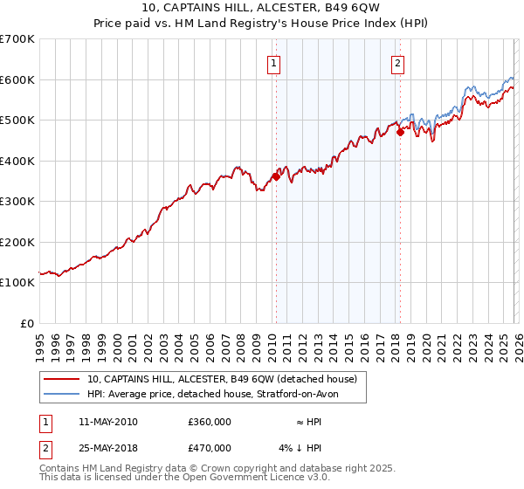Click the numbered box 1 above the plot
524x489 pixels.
pyautogui.click(x=274, y=63)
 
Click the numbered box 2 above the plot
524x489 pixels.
pyautogui.click(x=397, y=63)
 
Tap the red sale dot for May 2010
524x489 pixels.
pyautogui.click(x=276, y=176)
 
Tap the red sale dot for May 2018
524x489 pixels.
pyautogui.click(x=400, y=132)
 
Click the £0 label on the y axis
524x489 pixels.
pyautogui.click(x=26, y=323)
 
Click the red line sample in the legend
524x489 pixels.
pyautogui.click(x=63, y=380)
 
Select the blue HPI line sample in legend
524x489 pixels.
pyautogui.click(x=63, y=395)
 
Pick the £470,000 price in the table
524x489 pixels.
pyautogui.click(x=210, y=447)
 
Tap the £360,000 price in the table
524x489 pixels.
pyautogui.click(x=210, y=422)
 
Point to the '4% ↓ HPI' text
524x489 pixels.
pyautogui.click(x=300, y=447)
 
